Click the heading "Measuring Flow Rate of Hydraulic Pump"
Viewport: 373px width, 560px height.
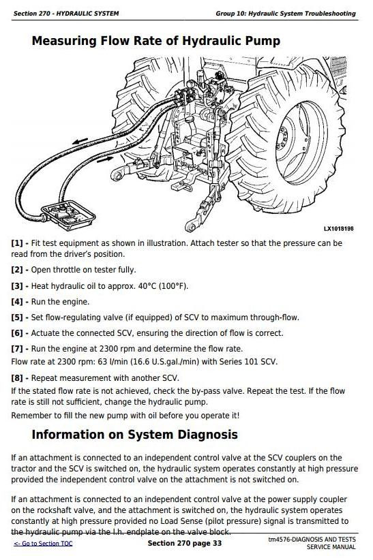tap(156, 41)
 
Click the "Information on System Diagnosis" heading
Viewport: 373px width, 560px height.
tap(134, 435)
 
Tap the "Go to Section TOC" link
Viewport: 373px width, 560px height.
tap(43, 544)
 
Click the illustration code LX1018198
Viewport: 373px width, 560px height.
tap(338, 229)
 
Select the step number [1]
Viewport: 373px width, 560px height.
tap(17, 244)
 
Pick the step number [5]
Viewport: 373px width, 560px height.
tap(17, 317)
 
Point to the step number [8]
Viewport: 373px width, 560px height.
tap(17, 378)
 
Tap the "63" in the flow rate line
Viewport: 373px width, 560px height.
tap(103, 362)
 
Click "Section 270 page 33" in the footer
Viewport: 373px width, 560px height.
tap(185, 543)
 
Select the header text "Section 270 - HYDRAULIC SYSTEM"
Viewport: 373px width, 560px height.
tap(66, 14)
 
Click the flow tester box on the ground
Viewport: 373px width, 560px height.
tap(68, 215)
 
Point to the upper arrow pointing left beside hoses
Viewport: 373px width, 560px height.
tap(80, 141)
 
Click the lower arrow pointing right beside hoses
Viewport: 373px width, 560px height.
tap(105, 159)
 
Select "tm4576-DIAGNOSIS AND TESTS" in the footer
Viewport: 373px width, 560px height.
tap(312, 540)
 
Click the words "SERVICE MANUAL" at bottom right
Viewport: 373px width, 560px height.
tap(331, 547)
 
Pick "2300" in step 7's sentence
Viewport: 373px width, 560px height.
tap(108, 349)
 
